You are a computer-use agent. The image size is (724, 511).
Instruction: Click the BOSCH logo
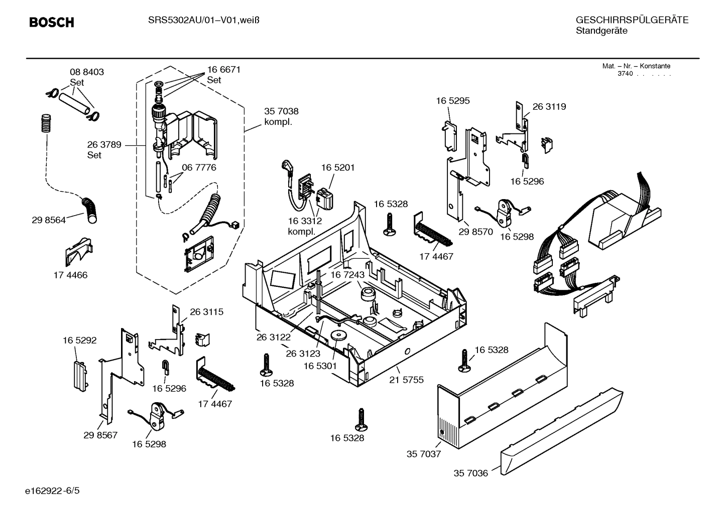pos(52,22)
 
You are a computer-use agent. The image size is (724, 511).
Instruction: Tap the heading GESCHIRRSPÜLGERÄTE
pos(632,20)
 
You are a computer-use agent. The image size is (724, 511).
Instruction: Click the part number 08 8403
pos(87,72)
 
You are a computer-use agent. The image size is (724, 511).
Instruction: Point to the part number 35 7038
pos(281,111)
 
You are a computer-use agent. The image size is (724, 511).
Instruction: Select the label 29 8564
pos(49,220)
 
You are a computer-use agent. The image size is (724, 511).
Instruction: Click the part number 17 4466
pos(70,275)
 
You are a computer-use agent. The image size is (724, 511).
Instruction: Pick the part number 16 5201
pos(338,167)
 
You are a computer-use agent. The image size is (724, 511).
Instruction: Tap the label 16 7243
pos(347,275)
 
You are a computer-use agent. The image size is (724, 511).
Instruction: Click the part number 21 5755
pos(406,380)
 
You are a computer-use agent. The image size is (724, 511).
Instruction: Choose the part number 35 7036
pos(470,473)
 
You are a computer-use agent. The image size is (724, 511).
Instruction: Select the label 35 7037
pos(423,454)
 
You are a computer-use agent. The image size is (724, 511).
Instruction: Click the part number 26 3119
pos(549,106)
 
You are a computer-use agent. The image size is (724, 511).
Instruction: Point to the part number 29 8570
pos(476,232)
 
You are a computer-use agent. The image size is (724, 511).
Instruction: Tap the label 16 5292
pos(79,340)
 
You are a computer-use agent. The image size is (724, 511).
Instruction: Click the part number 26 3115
pos(206,311)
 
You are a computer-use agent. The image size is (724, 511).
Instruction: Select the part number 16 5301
pos(320,366)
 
